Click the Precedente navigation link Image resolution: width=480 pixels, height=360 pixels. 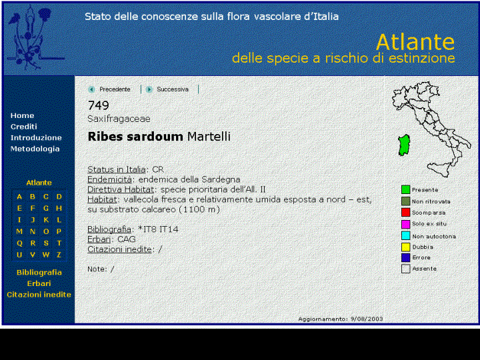pyautogui.click(x=115, y=89)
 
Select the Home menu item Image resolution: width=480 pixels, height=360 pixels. pyautogui.click(x=22, y=116)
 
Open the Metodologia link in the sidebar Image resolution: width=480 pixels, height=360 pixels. pyautogui.click(x=35, y=149)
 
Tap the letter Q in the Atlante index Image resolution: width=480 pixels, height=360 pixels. pyautogui.click(x=19, y=243)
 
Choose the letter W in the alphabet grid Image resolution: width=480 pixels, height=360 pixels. pyautogui.click(x=46, y=255)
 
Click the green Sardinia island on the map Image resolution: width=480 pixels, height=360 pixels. pyautogui.click(x=405, y=145)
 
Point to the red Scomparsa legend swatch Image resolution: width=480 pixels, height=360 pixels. pyautogui.click(x=405, y=213)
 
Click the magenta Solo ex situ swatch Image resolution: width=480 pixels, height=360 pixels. pyautogui.click(x=405, y=224)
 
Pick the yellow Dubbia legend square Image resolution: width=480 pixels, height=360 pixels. pyautogui.click(x=405, y=247)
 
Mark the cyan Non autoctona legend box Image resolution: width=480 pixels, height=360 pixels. pyautogui.click(x=405, y=236)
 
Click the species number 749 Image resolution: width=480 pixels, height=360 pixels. pyautogui.click(x=98, y=105)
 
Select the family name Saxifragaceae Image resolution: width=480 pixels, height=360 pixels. pyautogui.click(x=119, y=119)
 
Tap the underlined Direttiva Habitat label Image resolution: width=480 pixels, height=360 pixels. pyautogui.click(x=121, y=189)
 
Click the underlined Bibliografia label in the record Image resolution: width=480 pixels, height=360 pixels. pyautogui.click(x=109, y=229)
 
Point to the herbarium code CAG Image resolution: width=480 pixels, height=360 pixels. pyautogui.click(x=127, y=239)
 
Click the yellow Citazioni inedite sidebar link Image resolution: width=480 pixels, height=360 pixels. pyautogui.click(x=39, y=295)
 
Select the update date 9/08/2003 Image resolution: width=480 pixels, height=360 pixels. pyautogui.click(x=367, y=319)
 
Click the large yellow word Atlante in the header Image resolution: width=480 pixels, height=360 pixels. pyautogui.click(x=415, y=42)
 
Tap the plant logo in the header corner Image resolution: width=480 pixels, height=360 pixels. pyautogui.click(x=34, y=38)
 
